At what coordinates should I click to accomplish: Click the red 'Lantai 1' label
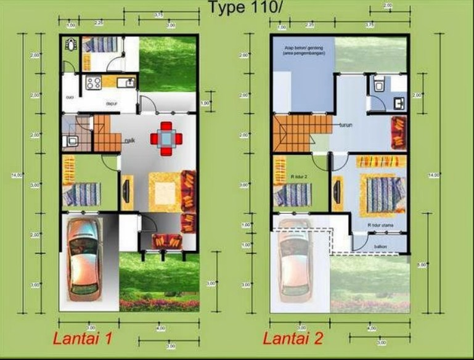[82, 338]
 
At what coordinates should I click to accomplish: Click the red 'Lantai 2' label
[292, 338]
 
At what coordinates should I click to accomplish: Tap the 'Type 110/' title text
[239, 8]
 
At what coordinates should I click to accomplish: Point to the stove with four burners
[94, 83]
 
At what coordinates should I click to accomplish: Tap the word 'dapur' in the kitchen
[112, 104]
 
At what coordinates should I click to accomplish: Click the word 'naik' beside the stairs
[129, 141]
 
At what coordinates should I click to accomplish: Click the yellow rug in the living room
[161, 191]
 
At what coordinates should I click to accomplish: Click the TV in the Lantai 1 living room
[126, 192]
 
